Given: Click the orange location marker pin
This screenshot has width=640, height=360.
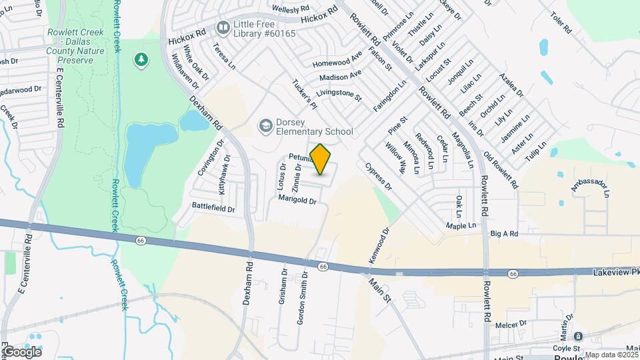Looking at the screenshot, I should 321,159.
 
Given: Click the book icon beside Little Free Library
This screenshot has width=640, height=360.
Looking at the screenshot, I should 221,27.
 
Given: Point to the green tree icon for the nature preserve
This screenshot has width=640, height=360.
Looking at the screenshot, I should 141,61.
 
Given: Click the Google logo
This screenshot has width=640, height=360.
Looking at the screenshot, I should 22,351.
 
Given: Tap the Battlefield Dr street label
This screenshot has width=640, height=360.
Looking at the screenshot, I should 213,209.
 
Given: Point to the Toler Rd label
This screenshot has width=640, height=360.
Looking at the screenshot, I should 559,25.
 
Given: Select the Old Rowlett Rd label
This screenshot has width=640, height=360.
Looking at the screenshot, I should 501,171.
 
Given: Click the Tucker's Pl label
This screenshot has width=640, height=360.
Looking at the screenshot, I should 304,93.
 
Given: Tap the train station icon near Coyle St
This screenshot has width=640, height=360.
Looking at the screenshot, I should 578,336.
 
